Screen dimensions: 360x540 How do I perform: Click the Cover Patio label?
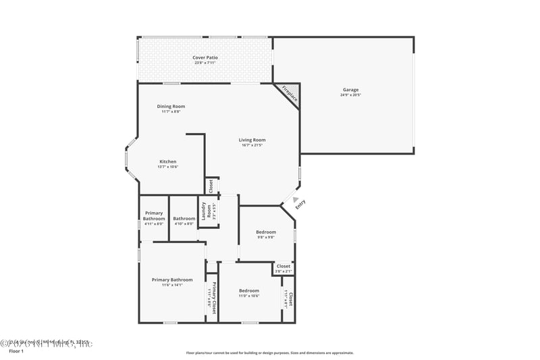205,57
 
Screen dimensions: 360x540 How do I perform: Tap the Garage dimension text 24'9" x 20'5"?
350,95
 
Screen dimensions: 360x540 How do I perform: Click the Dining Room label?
171,106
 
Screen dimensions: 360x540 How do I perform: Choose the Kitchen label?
168,161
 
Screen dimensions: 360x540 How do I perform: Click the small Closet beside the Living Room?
211,186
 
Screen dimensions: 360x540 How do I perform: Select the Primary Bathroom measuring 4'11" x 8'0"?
154,218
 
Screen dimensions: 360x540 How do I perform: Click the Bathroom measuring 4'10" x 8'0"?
184,218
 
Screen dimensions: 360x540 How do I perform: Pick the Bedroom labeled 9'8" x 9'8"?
266,234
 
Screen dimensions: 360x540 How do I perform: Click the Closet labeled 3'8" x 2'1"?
283,268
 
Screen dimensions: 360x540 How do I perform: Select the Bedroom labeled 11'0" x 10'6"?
249,292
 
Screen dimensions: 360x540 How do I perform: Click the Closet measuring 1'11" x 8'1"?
289,299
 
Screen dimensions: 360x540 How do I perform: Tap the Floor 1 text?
16,351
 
